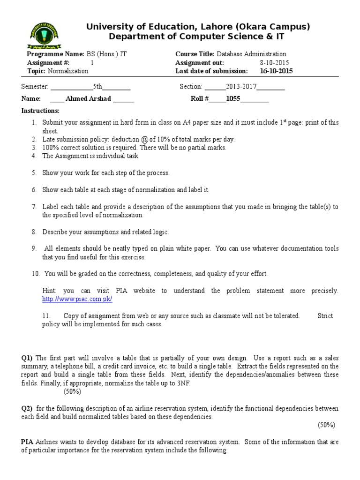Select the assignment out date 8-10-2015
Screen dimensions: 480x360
[x=274, y=63]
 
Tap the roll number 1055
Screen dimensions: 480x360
[x=233, y=98]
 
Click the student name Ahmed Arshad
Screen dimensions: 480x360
[x=82, y=98]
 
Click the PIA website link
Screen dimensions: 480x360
[x=77, y=299]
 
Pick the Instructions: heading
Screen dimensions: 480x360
[x=41, y=111]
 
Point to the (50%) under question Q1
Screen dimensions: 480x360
[x=73, y=391]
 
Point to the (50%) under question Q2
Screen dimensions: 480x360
[x=327, y=425]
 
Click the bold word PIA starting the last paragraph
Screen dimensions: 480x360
[x=27, y=442]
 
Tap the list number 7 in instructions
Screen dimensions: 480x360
[x=34, y=207]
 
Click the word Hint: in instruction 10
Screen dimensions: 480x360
[x=50, y=291]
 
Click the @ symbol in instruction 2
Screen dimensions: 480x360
[x=141, y=139]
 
